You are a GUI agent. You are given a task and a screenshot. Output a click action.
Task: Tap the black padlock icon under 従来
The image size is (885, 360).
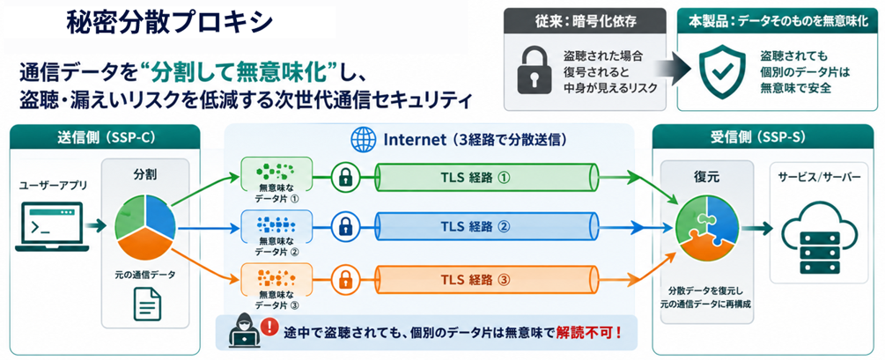[532, 71]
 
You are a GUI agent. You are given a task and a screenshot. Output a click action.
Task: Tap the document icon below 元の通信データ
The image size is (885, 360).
[147, 303]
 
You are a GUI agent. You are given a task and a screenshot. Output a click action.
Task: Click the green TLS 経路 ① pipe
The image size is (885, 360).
[487, 178]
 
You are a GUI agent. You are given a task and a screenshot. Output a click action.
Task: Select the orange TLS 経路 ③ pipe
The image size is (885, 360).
[487, 279]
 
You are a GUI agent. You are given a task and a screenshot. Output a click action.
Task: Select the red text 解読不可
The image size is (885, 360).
[588, 331]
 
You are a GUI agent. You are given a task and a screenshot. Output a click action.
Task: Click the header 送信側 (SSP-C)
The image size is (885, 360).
[106, 138]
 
